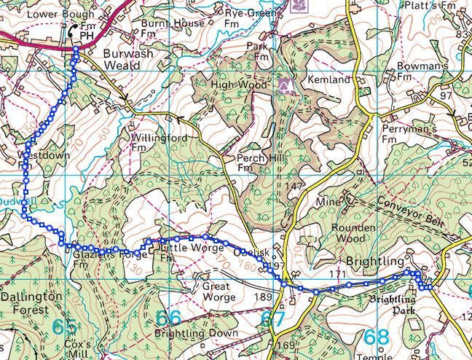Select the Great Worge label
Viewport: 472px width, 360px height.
coord(219,291)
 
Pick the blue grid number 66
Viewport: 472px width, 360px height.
coord(168,318)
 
